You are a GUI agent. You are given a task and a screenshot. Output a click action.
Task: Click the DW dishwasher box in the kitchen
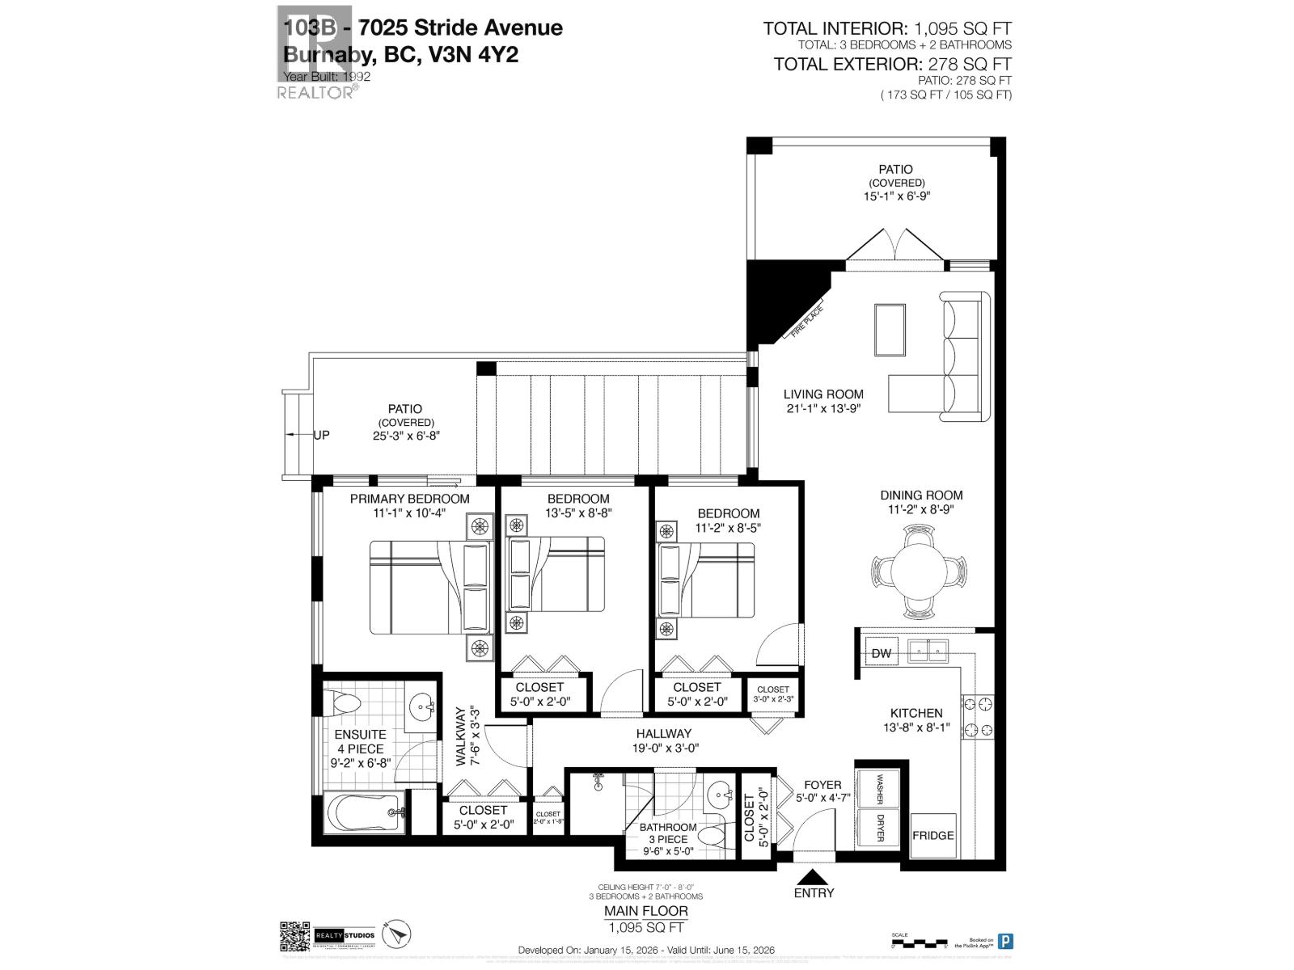[x=882, y=652]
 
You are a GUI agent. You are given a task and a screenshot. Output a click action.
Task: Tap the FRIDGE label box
[x=933, y=835]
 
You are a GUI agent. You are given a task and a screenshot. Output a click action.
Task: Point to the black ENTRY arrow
[x=814, y=876]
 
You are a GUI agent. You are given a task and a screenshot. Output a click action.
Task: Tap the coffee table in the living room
[x=890, y=329]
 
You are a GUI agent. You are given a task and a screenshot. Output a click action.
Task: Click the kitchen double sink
[x=928, y=649]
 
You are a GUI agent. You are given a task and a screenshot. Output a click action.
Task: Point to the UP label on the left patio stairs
[x=321, y=435]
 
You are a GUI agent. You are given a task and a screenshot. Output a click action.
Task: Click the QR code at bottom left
[x=294, y=936]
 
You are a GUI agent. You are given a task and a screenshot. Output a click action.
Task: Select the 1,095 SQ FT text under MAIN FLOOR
[x=647, y=927]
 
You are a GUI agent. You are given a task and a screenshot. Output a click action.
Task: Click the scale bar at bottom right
[x=918, y=943]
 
